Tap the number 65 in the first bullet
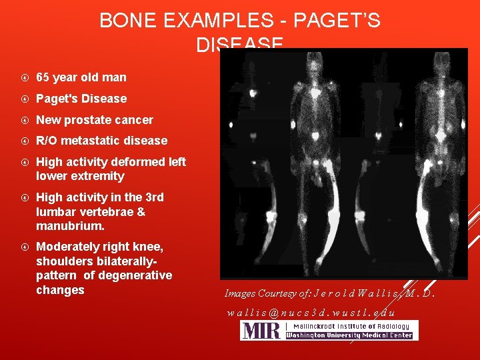tap(43, 77)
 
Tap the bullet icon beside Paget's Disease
tap(23, 99)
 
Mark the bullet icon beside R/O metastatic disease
tap(23, 141)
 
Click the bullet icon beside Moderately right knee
tap(23, 247)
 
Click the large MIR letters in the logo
tap(261, 331)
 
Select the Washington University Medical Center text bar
tap(351, 335)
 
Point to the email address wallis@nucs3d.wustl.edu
tap(311, 312)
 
